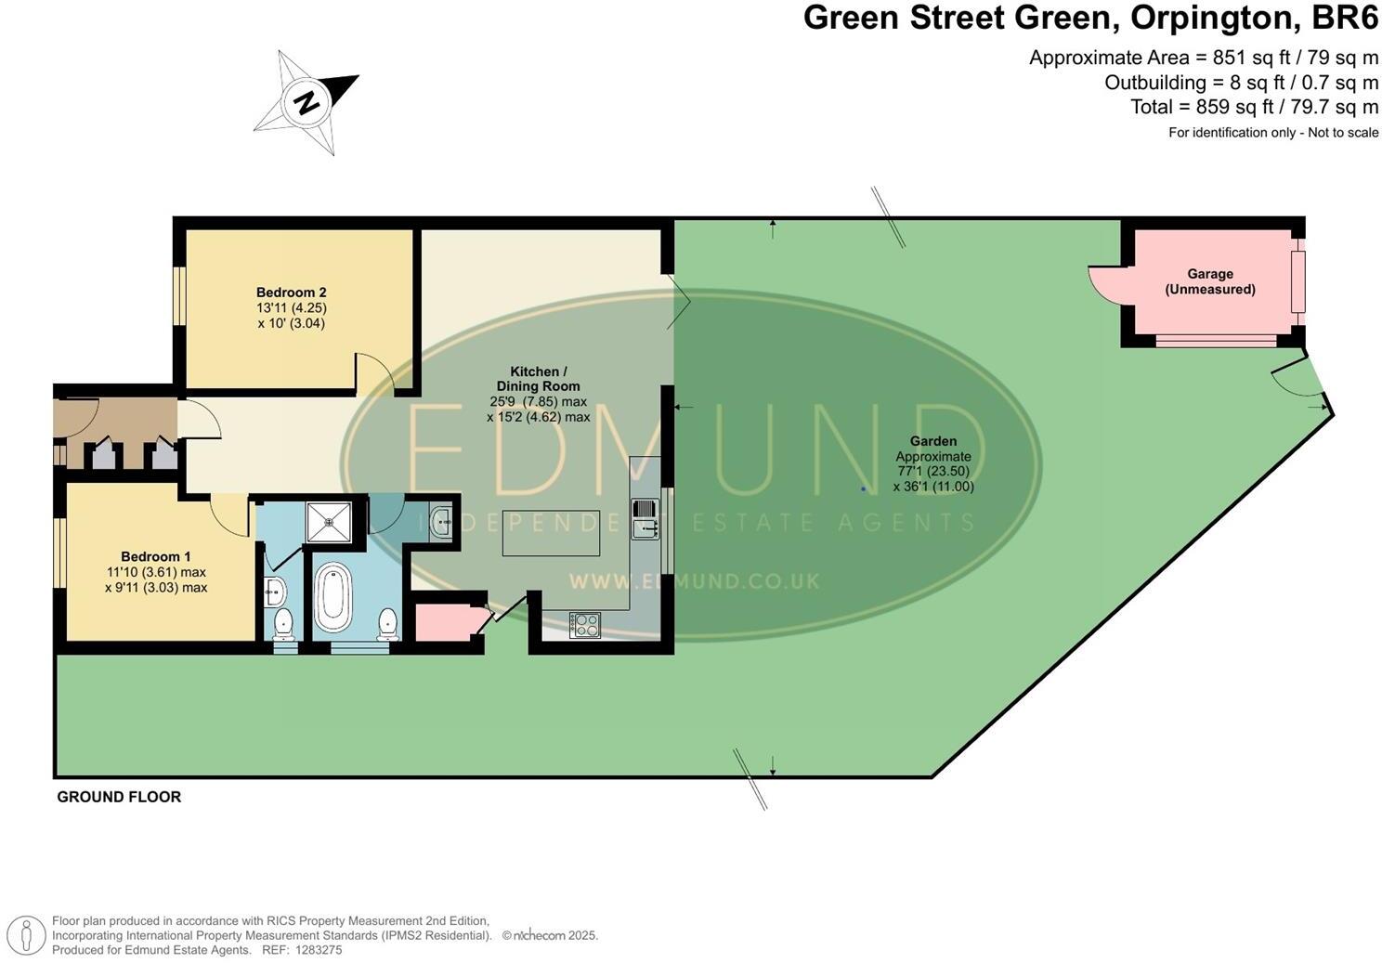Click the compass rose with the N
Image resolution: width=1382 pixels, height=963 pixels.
pos(306,100)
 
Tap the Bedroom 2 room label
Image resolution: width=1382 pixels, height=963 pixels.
pos(291,293)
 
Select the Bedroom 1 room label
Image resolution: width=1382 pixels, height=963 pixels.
pos(155,556)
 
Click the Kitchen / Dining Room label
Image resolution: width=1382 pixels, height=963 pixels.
pos(539,379)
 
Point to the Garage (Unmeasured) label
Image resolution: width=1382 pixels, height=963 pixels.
pos(1210,281)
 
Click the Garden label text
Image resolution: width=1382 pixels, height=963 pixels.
pos(933,441)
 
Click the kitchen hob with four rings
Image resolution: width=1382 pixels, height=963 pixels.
pos(585,624)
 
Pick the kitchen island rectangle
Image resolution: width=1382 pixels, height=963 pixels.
pos(551,533)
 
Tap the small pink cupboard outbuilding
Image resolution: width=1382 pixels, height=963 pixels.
pos(443,622)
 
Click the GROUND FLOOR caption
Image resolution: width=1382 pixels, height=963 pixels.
pos(119,797)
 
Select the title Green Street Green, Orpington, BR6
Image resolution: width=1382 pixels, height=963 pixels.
pos(1091,19)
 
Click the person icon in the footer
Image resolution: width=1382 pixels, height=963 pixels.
pos(28,935)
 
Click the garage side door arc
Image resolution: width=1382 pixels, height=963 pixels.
pos(1107,284)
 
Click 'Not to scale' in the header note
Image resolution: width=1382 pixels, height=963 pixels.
pos(1343,133)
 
